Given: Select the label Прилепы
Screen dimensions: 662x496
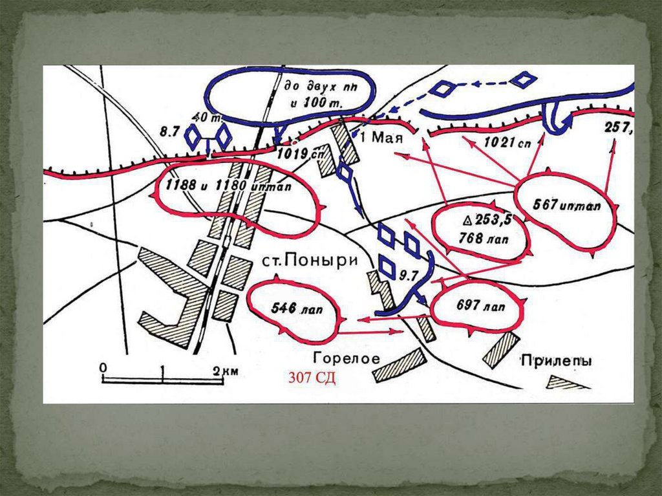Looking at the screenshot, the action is coord(555,363).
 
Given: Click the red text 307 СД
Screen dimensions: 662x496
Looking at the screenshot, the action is coord(312,378).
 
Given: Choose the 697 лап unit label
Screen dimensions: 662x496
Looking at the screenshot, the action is coord(480,307).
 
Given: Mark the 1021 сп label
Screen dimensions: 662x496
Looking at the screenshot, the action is coord(507,144).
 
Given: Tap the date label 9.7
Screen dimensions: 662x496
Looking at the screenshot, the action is coord(409,275).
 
